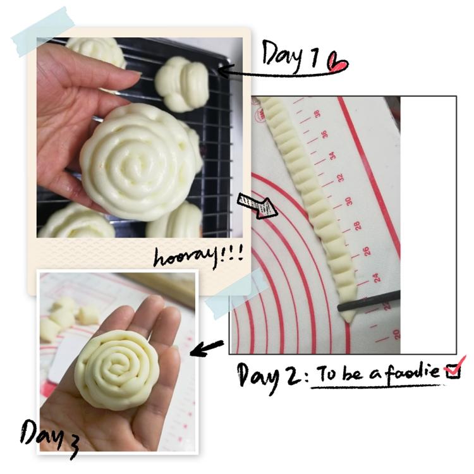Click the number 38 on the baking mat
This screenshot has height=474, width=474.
tap(317, 114)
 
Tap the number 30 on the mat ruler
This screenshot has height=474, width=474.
tap(348, 202)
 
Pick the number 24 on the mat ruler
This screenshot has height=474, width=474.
tap(375, 277)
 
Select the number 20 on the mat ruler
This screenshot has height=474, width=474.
tap(396, 334)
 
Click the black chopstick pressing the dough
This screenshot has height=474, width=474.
tap(369, 301)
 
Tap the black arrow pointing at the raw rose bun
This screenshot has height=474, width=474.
tap(207, 348)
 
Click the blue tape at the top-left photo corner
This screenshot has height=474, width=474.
tap(43, 31)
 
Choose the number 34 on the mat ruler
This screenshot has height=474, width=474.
tap(332, 156)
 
